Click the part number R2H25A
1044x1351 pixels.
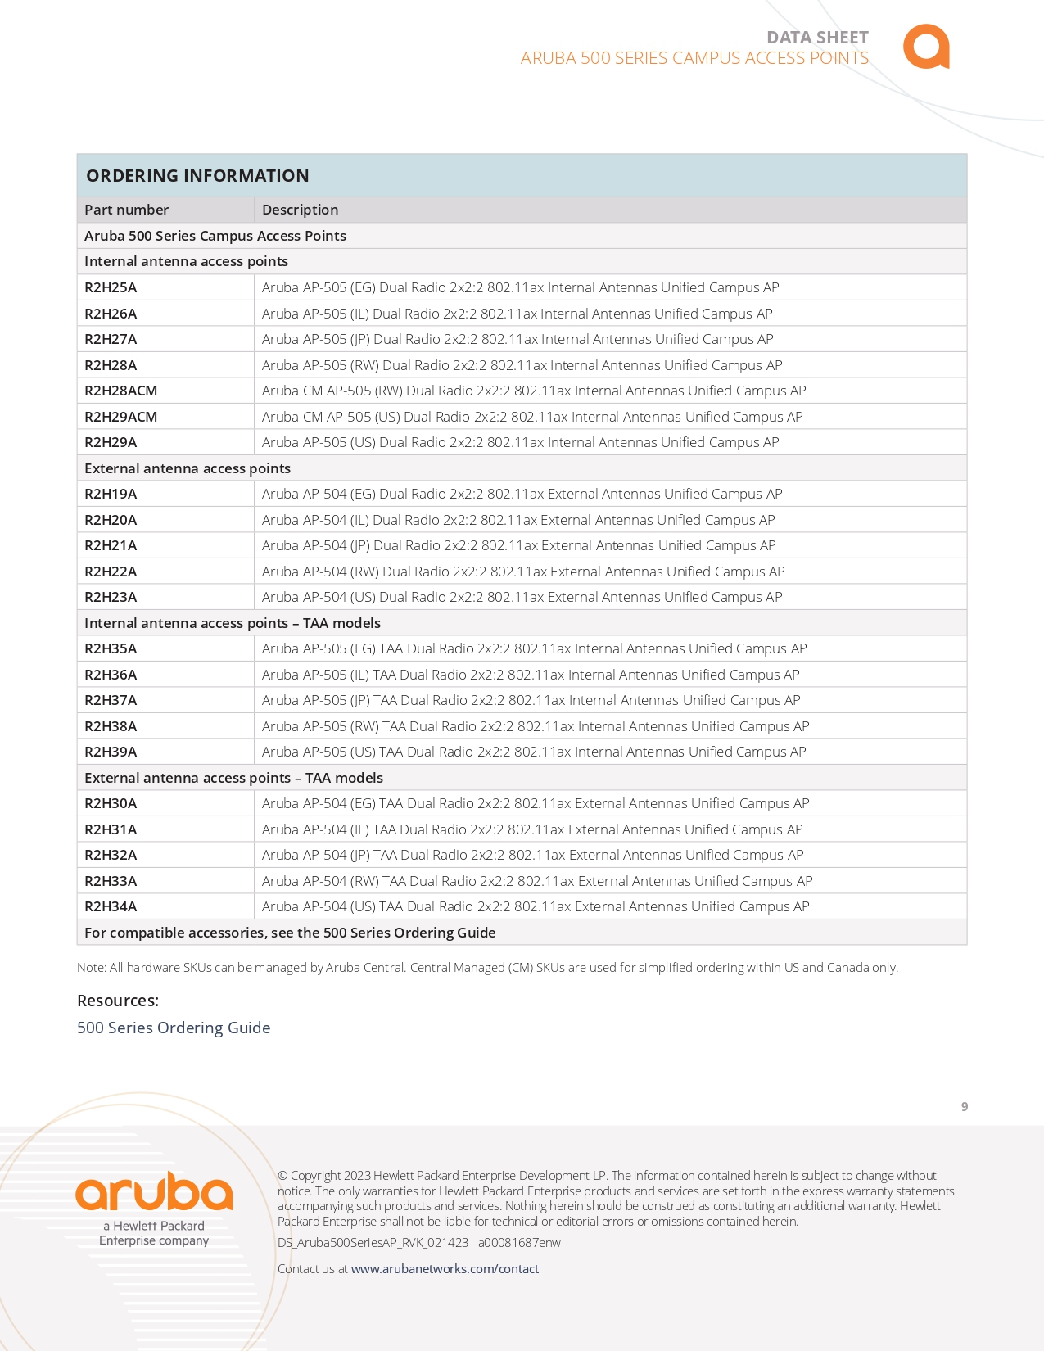tap(111, 287)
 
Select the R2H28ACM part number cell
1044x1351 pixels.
tap(120, 391)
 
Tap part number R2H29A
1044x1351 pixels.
tap(111, 442)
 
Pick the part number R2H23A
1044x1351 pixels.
tap(111, 597)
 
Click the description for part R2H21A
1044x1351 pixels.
tap(518, 545)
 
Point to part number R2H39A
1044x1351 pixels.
tap(111, 752)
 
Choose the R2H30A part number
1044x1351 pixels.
tap(111, 803)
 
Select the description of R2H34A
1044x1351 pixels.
tap(536, 906)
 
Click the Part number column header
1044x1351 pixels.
tap(126, 210)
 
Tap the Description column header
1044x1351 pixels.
tap(300, 210)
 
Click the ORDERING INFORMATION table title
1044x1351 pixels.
tap(197, 176)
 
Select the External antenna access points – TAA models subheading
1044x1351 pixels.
tap(233, 778)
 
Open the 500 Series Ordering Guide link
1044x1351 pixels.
tap(174, 1028)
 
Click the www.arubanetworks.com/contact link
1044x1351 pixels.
tap(445, 1268)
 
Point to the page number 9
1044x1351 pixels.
tap(965, 1107)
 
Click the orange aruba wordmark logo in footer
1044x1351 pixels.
tap(154, 1192)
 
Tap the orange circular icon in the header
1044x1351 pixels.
tap(926, 47)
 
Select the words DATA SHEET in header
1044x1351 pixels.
tap(817, 38)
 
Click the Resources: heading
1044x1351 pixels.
tap(118, 1001)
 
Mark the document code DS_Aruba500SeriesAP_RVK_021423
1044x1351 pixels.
tap(373, 1242)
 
